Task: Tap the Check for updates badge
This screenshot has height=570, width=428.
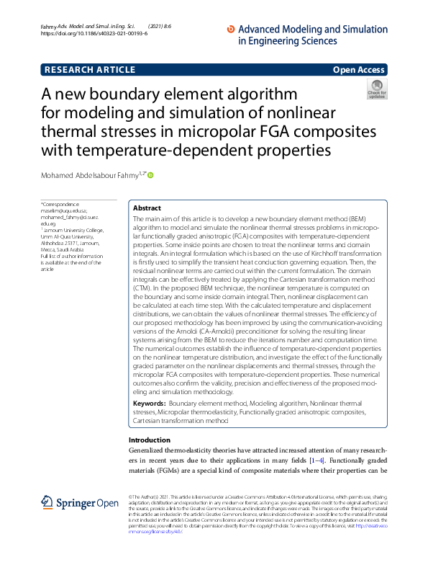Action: coord(376,89)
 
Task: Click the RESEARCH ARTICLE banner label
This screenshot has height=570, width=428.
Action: coord(90,70)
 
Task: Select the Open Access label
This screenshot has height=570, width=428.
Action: coord(358,70)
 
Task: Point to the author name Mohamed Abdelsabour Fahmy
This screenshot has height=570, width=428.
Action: coord(94,175)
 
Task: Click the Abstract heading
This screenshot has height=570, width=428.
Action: coord(147,207)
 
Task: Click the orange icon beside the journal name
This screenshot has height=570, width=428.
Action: coord(230,29)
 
